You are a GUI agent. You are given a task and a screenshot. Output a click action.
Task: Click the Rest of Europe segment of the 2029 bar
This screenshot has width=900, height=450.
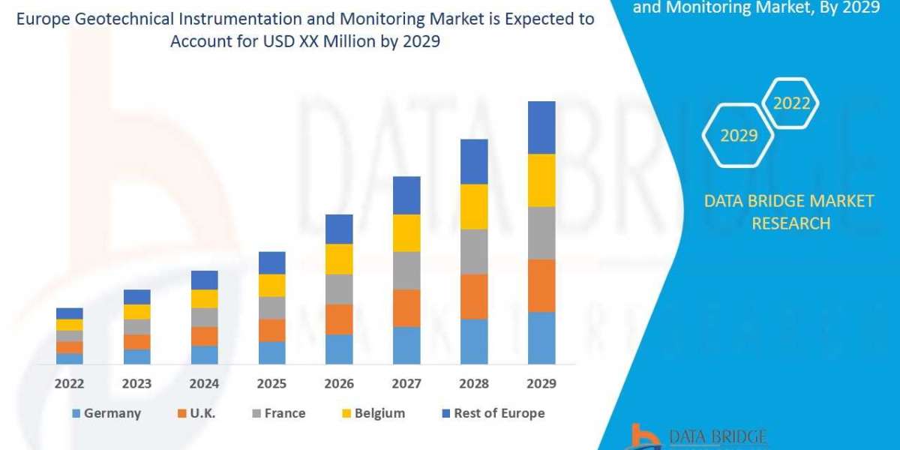[541, 127]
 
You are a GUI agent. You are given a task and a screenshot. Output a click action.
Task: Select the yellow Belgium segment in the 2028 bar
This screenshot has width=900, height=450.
[474, 206]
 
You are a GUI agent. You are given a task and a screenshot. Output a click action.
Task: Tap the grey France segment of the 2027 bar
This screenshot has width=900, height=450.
[406, 270]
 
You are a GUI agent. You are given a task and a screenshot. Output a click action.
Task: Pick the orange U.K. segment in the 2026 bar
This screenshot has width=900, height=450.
[339, 319]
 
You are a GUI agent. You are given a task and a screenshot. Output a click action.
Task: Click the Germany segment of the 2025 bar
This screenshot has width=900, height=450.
[271, 352]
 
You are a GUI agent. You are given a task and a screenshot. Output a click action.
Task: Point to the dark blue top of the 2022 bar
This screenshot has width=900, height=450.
[70, 313]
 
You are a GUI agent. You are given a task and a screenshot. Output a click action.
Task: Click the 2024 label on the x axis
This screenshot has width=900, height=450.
[204, 384]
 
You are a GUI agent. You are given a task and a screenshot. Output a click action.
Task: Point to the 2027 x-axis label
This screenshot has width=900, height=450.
[406, 384]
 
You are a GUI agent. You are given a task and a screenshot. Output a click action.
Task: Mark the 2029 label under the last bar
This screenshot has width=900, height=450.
[541, 384]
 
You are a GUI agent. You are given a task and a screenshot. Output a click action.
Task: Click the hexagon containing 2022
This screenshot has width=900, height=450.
[791, 103]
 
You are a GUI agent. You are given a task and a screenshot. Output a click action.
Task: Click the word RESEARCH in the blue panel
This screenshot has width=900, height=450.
[790, 223]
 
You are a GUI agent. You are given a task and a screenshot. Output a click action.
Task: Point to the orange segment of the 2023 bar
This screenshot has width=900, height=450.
[137, 342]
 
